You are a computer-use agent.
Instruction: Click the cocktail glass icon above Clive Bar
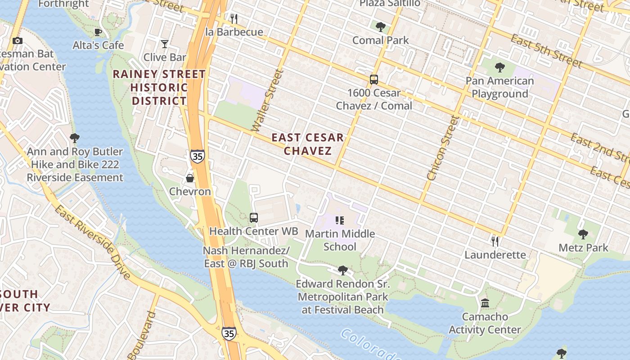165,44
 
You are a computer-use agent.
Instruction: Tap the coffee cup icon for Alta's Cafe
98,32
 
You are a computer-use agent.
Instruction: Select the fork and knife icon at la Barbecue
234,18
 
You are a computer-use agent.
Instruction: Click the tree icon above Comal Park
381,27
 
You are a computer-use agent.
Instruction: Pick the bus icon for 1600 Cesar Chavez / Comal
373,80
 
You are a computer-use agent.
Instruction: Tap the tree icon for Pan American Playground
499,68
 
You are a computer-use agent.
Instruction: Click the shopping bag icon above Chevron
190,178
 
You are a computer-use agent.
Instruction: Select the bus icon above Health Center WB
254,218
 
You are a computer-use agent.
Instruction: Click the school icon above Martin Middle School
340,220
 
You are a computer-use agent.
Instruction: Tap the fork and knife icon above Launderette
495,242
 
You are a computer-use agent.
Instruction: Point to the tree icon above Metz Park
583,234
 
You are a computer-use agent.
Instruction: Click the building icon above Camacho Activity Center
485,303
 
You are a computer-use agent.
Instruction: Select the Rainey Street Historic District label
159,87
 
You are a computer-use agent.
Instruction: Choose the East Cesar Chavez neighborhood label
308,144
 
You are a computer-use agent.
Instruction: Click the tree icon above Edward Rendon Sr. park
342,270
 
